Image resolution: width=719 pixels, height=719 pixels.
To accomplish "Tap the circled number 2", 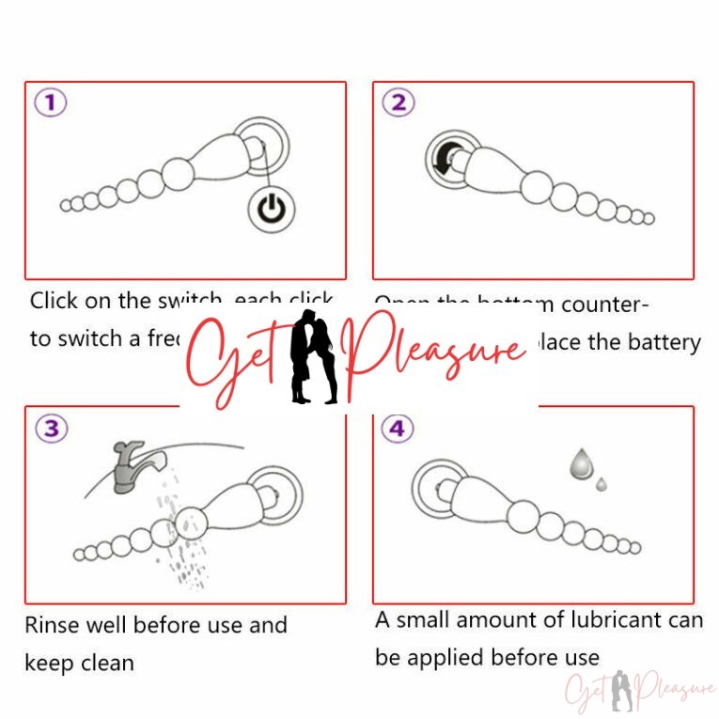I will pos(399,103).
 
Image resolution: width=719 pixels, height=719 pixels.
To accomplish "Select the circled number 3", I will pos(51,429).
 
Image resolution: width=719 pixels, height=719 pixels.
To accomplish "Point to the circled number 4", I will pos(398,429).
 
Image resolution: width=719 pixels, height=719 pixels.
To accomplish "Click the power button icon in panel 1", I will pos(272,210).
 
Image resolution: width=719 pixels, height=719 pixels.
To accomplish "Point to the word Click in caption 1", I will pos(54,301).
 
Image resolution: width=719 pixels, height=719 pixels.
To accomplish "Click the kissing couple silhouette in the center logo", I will pos(314,357).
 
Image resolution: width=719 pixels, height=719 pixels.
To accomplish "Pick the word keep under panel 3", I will pos(47,663).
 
